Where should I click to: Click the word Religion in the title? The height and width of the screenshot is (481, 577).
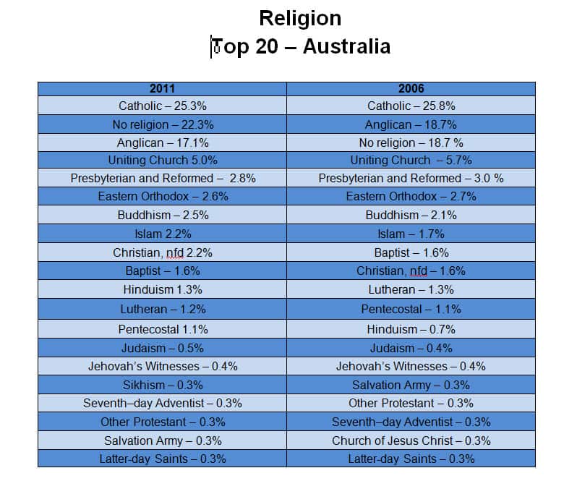299,17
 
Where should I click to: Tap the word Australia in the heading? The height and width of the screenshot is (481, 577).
346,46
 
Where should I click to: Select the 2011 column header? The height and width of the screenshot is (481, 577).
162,89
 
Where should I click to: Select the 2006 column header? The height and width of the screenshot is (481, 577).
411,89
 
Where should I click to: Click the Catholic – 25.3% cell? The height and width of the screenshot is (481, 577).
162,106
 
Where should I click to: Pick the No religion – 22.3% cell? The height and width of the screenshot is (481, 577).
162,124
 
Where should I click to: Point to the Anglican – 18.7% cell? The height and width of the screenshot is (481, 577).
411,124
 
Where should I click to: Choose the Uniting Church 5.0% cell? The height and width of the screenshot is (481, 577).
162,160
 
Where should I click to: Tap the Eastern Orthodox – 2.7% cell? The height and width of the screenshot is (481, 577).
411,196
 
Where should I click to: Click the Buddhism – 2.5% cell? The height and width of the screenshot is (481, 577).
162,215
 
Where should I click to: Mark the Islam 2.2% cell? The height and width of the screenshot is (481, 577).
162,234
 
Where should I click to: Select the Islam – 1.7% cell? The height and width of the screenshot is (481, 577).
411,234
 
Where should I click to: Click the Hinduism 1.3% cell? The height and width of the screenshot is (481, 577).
162,289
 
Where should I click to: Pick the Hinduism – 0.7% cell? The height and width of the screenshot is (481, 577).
411,328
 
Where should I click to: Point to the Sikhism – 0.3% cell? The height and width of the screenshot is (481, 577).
162,384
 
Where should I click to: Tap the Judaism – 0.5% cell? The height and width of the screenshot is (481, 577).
162,347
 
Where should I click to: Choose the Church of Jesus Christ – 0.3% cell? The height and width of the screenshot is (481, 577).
411,440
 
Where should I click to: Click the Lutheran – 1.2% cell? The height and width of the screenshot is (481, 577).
162,309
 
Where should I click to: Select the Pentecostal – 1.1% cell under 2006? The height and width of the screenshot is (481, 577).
411,309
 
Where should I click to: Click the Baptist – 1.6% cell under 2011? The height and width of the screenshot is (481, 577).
162,271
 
